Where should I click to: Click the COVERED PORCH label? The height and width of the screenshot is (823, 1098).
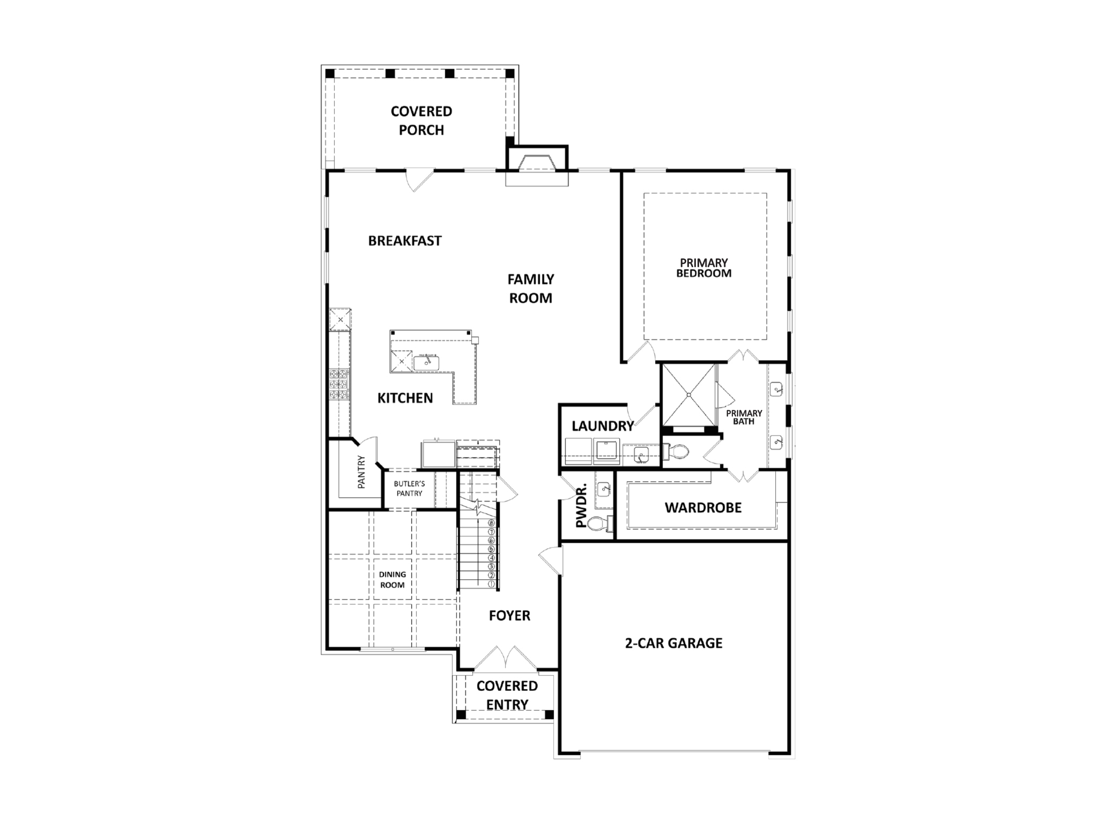pos(421,121)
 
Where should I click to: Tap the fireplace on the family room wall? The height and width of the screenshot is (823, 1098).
pos(537,163)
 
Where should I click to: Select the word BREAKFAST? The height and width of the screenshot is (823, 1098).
pos(405,241)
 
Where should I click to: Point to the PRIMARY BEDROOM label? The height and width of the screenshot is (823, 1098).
pos(703,268)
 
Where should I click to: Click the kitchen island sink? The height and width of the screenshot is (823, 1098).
pos(427,363)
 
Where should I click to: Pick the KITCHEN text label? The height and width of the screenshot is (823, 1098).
pos(405,398)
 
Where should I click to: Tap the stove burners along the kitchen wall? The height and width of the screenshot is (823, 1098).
pos(339,384)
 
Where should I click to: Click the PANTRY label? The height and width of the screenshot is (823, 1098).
pos(361,472)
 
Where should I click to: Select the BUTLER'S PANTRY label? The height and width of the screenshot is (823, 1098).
pos(409,489)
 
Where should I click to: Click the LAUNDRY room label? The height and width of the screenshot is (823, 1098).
pos(603,427)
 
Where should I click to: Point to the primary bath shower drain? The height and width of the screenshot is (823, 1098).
pos(688,395)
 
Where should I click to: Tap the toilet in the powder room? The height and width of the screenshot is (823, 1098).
pos(597,523)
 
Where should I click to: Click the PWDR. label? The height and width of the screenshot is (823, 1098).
pos(581,505)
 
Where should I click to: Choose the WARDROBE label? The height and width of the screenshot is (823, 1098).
pos(703,508)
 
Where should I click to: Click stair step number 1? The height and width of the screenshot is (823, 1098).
pos(491,584)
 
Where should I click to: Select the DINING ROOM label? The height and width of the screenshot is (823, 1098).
pos(392,580)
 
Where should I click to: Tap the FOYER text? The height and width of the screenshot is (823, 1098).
pos(509,616)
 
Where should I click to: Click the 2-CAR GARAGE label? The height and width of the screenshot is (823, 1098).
pos(673,643)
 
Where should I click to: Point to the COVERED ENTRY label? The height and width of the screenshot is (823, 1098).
pos(507,695)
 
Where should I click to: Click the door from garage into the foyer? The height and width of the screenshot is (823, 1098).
pos(551,560)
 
